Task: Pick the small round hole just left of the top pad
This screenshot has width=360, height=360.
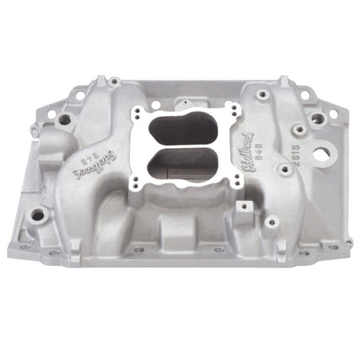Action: point(156,105)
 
